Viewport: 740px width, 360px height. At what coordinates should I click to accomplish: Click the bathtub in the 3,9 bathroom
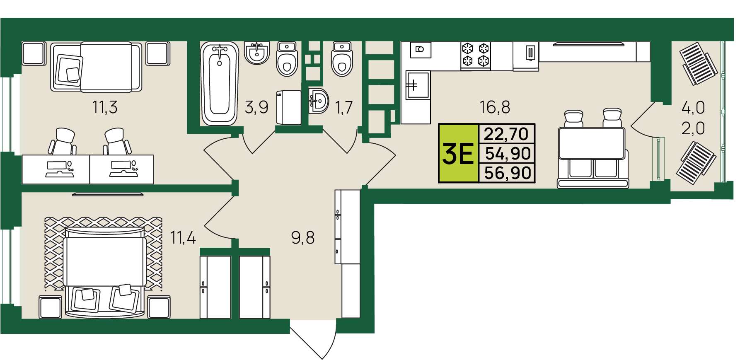(x=220, y=83)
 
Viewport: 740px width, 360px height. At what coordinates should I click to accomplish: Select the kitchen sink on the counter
(x=418, y=85)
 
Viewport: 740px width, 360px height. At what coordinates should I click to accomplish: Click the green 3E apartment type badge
(x=458, y=153)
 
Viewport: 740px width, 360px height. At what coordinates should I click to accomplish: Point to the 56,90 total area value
(x=508, y=173)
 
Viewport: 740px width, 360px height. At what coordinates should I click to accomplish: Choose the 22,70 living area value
(x=506, y=134)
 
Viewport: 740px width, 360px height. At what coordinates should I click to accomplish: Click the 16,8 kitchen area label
(x=495, y=107)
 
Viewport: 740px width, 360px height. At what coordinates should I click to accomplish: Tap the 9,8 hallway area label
(x=303, y=238)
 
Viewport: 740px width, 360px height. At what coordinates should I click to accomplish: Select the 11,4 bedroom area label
(x=183, y=238)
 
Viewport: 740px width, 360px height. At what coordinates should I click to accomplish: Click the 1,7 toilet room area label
(x=343, y=108)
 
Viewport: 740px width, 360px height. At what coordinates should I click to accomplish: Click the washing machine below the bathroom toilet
(x=289, y=108)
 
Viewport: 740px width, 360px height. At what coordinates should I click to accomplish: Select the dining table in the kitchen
(x=592, y=143)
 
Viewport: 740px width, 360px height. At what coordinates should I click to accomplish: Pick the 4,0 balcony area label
(x=693, y=108)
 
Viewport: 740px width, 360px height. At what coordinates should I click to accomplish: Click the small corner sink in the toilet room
(x=319, y=100)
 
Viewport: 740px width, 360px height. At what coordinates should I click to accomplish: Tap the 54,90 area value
(x=508, y=154)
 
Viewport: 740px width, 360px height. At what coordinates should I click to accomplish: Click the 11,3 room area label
(x=105, y=107)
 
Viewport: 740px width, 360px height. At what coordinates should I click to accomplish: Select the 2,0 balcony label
(x=693, y=128)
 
